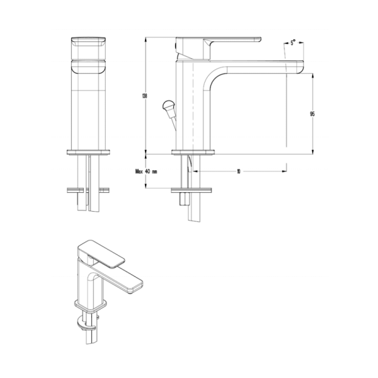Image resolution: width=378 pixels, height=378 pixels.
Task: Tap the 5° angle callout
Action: click(x=294, y=44)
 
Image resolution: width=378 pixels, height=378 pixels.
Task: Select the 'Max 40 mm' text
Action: click(x=146, y=171)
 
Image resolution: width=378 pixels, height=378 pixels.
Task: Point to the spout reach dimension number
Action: click(x=239, y=171)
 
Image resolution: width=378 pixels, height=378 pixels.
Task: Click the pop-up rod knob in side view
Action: click(x=168, y=105)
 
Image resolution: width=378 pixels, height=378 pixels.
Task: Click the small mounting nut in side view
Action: click(x=184, y=199)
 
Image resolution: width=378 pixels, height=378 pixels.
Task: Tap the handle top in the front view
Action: click(x=89, y=42)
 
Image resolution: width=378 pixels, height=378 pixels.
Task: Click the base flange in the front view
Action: click(x=89, y=151)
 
